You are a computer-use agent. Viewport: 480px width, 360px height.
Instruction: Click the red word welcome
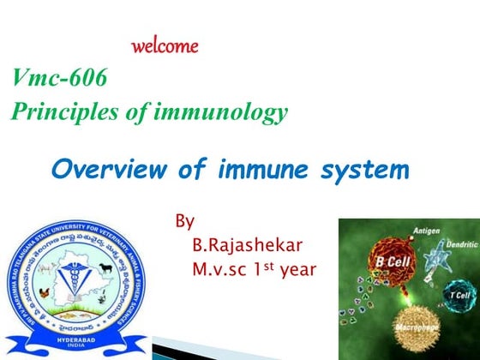165,45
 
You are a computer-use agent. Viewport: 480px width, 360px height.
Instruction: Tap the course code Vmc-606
60,79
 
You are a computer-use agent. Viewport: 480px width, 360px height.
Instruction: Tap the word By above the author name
184,222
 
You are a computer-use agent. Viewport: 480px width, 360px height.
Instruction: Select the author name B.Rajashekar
248,246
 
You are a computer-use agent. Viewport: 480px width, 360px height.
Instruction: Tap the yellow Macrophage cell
415,330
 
